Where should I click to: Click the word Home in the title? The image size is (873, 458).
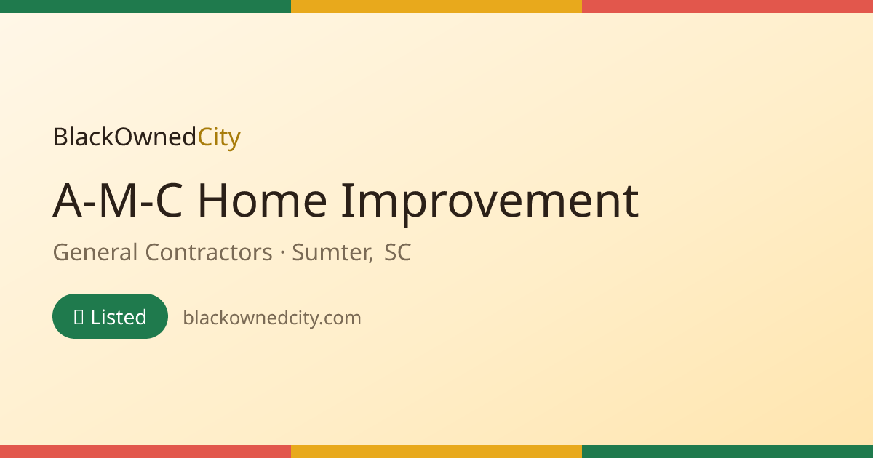263,201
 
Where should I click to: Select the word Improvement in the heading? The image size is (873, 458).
490,204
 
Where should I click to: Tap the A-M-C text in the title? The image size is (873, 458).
118,201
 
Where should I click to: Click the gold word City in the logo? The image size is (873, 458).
219,138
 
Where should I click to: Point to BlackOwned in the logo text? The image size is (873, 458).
124,137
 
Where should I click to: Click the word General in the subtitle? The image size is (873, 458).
95,252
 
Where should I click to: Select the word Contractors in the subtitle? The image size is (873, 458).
209,252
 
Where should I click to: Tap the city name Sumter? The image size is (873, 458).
332,253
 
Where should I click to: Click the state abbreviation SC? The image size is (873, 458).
397,252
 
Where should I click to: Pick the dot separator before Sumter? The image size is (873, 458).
282,253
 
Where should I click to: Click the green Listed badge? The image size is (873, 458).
111,316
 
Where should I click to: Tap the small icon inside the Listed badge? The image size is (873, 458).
79,317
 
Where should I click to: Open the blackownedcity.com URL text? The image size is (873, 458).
272,318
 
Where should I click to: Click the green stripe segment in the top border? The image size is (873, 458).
145,7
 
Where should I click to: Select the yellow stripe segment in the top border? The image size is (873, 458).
436,7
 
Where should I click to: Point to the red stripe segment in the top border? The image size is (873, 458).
727,7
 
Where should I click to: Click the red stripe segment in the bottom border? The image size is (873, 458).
145,451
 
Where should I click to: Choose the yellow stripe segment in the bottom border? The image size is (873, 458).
436,451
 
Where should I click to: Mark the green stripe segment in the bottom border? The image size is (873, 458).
727,451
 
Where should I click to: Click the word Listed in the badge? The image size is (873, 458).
119,317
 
